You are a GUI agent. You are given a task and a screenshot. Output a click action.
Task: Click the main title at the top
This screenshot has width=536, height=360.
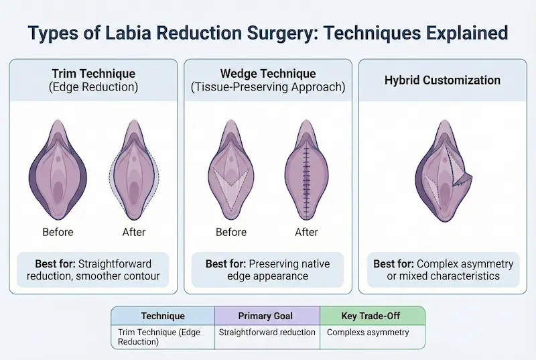click(268, 32)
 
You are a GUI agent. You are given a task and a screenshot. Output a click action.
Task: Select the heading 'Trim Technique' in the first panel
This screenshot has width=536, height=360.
click(93, 74)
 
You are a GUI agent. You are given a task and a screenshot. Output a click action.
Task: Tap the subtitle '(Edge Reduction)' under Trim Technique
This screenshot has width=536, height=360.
click(93, 88)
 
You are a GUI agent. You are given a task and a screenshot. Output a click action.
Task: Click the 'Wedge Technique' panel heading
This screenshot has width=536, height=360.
click(268, 74)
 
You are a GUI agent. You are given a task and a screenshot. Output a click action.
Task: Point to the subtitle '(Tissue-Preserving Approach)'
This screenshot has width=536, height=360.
click(268, 88)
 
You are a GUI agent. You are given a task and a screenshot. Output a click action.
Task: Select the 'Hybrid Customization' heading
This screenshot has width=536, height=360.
click(442, 80)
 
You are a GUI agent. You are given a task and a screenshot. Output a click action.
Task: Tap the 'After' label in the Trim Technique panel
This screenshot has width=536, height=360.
click(134, 232)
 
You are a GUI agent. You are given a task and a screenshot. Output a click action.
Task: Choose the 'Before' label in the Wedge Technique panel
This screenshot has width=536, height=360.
click(232, 232)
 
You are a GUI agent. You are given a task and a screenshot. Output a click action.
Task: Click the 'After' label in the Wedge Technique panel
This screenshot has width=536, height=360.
click(307, 232)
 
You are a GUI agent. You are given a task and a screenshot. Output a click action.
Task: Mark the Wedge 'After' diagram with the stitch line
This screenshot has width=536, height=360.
click(307, 171)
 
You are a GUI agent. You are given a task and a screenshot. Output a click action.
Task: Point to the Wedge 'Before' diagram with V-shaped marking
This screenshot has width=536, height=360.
click(232, 171)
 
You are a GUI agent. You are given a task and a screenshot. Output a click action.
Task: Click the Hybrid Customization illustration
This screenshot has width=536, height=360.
click(442, 171)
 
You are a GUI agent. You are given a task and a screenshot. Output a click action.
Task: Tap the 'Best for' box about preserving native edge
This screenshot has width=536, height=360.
click(268, 269)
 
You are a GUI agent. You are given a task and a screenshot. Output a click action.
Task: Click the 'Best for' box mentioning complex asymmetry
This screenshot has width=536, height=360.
click(442, 269)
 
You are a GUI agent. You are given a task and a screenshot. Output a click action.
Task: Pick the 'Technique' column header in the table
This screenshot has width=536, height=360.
click(163, 316)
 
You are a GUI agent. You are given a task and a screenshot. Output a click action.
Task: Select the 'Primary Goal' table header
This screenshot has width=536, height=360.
click(267, 316)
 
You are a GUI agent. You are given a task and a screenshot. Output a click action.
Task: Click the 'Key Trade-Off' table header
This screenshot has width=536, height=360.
click(372, 316)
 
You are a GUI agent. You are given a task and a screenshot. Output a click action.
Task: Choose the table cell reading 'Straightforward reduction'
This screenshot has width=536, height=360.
click(267, 333)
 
